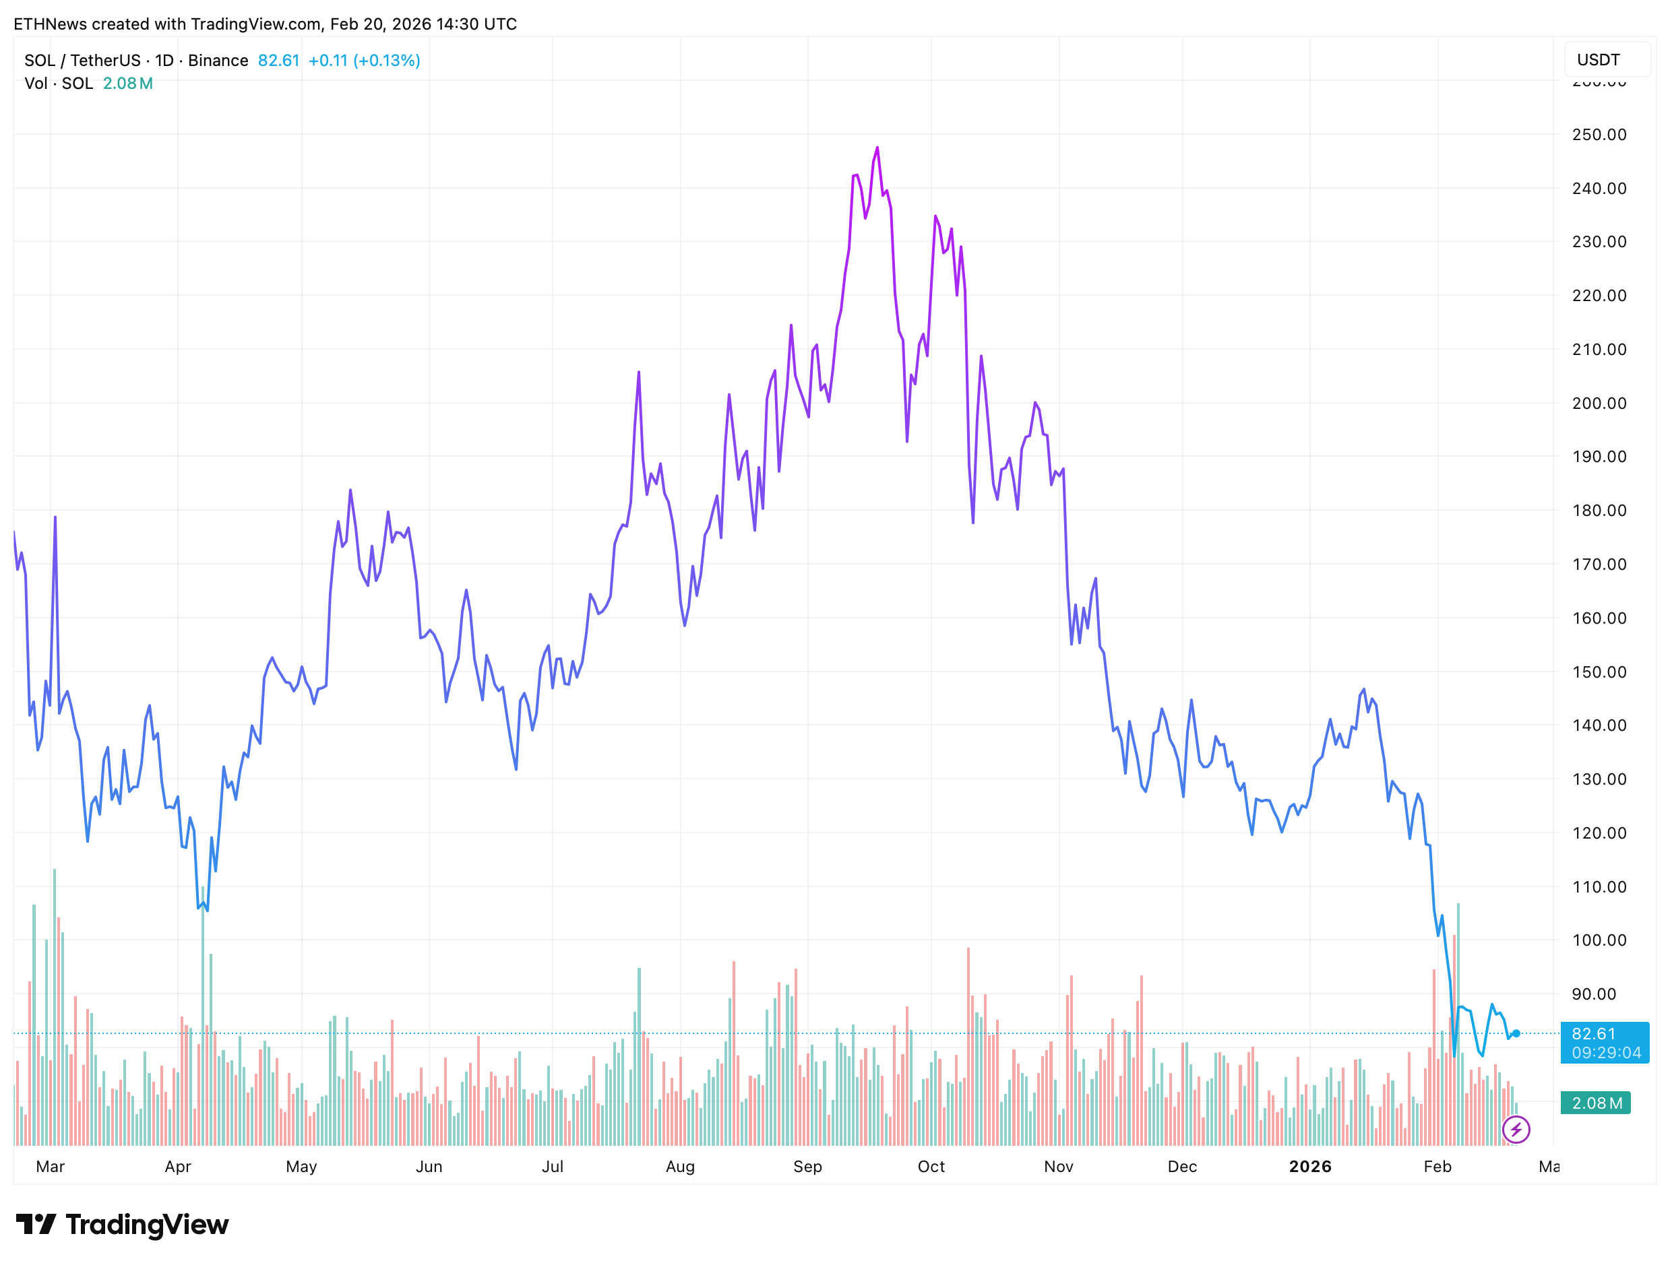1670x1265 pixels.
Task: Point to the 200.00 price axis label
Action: [1599, 403]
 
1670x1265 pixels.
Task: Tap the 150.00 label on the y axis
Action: [1599, 672]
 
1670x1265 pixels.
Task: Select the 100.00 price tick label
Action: [1599, 940]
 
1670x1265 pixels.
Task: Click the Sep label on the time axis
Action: [807, 1166]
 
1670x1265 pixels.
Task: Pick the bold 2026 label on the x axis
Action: [1310, 1166]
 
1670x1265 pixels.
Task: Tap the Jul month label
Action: [552, 1166]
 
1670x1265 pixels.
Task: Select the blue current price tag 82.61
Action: [1603, 1041]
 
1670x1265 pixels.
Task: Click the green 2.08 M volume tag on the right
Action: [1596, 1103]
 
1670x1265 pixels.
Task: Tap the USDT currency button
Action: [1599, 60]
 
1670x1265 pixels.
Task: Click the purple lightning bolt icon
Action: [1515, 1129]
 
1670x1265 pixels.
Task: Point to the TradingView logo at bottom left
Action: [122, 1224]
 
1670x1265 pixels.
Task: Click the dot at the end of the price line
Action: [1515, 1033]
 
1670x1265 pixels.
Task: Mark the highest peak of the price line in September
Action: [877, 148]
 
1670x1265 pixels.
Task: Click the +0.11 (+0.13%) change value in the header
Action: [364, 61]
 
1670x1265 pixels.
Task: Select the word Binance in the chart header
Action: [218, 61]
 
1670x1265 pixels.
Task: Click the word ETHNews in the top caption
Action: [50, 24]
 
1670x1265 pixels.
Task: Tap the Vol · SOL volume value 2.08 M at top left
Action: [127, 83]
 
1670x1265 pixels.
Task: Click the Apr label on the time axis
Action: [177, 1166]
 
